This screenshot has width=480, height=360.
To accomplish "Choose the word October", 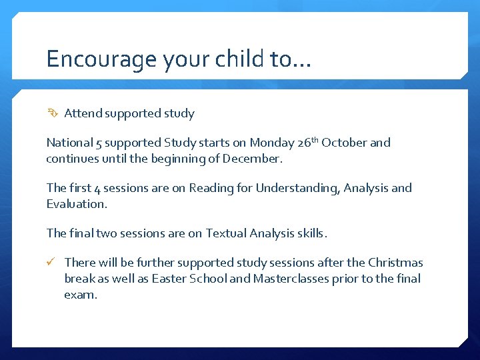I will pyautogui.click(x=344, y=143).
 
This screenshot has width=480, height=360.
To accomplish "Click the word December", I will pyautogui.click(x=253, y=159).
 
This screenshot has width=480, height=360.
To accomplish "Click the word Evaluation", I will pyautogui.click(x=76, y=204).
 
